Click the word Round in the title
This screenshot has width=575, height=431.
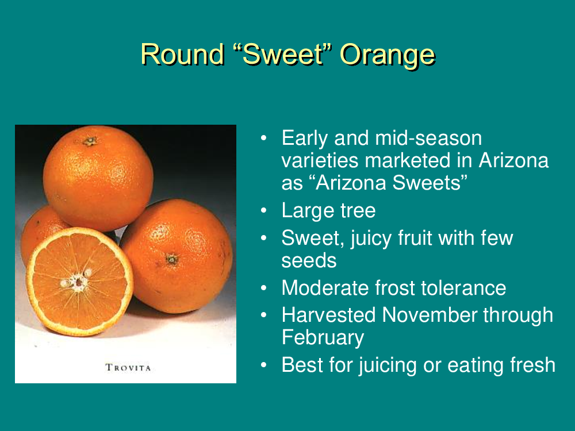tap(183, 54)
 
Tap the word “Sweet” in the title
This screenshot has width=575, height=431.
tap(282, 54)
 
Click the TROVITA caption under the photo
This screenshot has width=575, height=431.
tap(128, 367)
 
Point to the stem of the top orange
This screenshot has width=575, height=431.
tap(90, 141)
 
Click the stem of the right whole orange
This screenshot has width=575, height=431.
tap(171, 260)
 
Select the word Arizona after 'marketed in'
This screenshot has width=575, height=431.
tap(513, 160)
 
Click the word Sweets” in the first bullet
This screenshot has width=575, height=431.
tap(430, 183)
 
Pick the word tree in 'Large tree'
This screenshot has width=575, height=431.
tap(358, 211)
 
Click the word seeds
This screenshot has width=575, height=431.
tap(309, 261)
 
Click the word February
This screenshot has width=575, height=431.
tap(323, 338)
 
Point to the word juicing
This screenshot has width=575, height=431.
tap(388, 365)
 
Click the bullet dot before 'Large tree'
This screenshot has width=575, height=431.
tap(264, 211)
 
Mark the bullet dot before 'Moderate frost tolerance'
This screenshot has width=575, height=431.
tap(264, 288)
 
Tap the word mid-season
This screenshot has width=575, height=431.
tap(428, 138)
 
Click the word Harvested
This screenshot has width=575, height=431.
tap(328, 315)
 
